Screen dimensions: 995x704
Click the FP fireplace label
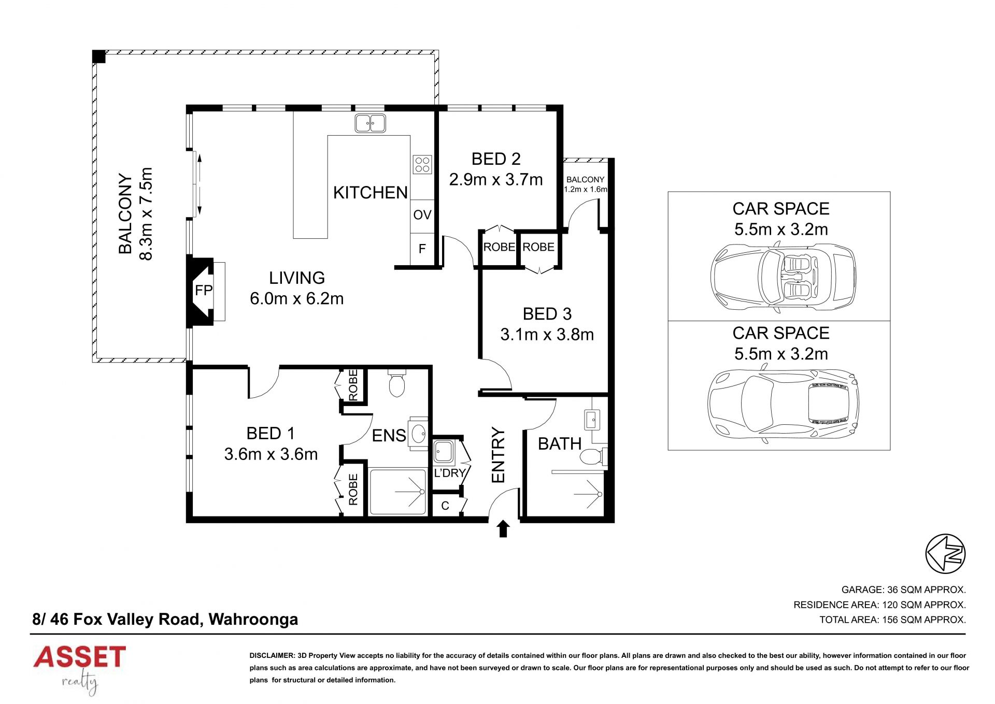[x=204, y=290]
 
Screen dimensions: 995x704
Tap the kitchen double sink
[x=370, y=123]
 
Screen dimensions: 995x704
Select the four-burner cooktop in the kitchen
[x=423, y=164]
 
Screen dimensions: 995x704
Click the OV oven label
[x=422, y=214]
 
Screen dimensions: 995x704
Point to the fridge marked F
[x=422, y=249]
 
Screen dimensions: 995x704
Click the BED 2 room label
[x=496, y=159]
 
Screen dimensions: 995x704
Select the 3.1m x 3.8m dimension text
[x=547, y=335]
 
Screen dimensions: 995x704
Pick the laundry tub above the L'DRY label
[x=444, y=452]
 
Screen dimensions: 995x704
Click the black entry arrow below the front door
[x=503, y=529]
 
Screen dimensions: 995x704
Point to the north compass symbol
[x=945, y=553]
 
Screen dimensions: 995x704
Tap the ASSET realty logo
[x=79, y=669]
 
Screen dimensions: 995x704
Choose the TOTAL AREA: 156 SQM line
[x=892, y=620]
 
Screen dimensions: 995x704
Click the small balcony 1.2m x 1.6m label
[x=586, y=184]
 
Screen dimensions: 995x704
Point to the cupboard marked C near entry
[x=446, y=506]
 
